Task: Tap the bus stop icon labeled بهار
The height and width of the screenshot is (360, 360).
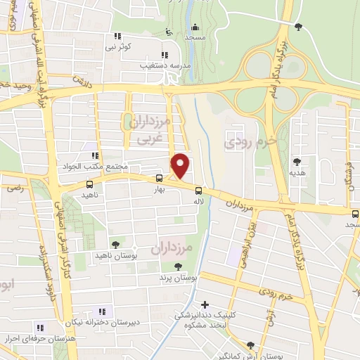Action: click(x=159, y=179)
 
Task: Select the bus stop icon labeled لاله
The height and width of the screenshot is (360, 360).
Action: click(x=199, y=191)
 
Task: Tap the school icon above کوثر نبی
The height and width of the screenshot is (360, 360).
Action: click(x=117, y=36)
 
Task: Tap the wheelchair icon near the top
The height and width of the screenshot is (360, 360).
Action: click(x=167, y=31)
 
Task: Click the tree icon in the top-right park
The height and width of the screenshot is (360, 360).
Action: click(x=300, y=27)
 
